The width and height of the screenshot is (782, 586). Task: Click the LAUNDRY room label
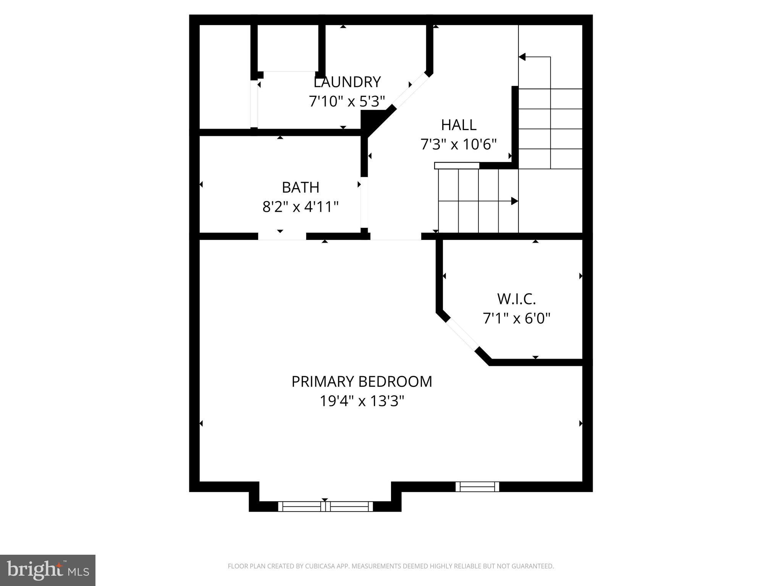click(x=347, y=82)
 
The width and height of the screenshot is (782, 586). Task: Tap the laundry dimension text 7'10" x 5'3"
click(x=346, y=101)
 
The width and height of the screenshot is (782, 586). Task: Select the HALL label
click(x=459, y=125)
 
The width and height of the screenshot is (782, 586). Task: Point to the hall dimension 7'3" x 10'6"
click(x=458, y=145)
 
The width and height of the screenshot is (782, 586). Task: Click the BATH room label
click(x=301, y=187)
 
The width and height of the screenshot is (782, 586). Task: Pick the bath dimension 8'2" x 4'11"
click(x=301, y=207)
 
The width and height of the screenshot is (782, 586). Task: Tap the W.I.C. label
click(x=516, y=299)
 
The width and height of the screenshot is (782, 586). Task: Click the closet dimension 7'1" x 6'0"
click(x=516, y=318)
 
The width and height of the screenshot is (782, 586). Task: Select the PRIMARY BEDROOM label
click(x=362, y=382)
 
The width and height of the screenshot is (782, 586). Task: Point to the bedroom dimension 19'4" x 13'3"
click(x=362, y=401)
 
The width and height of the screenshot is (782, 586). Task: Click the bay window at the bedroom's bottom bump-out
click(x=325, y=506)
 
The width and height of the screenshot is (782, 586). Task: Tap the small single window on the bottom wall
click(x=477, y=486)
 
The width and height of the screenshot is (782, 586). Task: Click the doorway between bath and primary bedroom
click(x=282, y=237)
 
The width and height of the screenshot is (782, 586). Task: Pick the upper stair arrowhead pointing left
click(x=522, y=57)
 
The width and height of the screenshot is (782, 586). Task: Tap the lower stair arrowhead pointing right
click(x=514, y=201)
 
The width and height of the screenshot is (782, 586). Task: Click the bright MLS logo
click(x=48, y=570)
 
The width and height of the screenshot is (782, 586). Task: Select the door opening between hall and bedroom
click(x=396, y=237)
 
